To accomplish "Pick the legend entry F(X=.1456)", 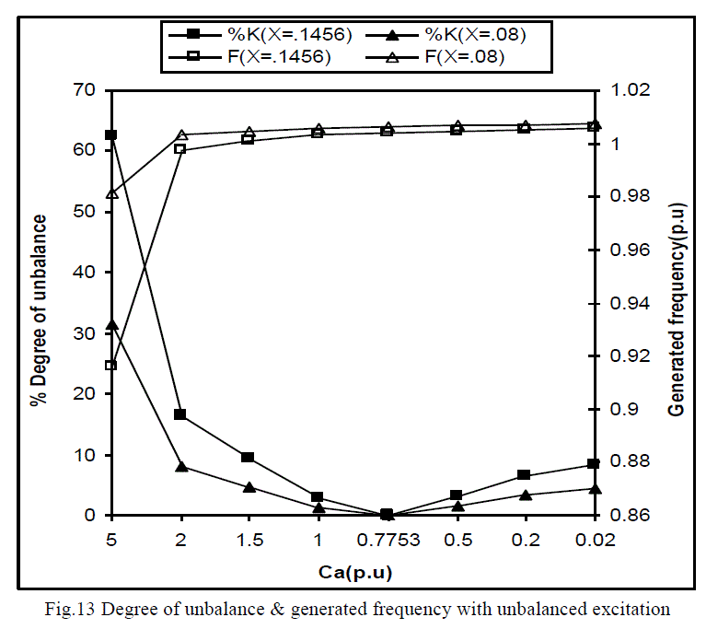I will click(x=267, y=59).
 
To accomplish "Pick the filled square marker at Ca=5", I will click(x=111, y=135).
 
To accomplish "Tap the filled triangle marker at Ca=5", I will click(x=111, y=325).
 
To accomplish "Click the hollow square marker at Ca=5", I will click(x=111, y=365).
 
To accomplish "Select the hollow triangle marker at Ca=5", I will click(x=111, y=193).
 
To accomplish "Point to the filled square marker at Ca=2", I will click(x=180, y=414).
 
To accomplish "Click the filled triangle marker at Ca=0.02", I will click(x=594, y=488).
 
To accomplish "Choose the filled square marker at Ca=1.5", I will click(x=249, y=457).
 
